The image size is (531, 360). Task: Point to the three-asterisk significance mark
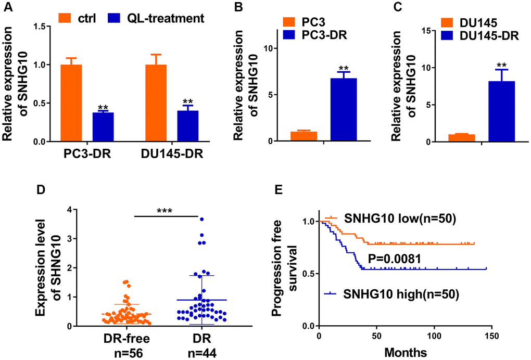pos(165,211)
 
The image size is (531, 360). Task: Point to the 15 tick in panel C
pos(432,31)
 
